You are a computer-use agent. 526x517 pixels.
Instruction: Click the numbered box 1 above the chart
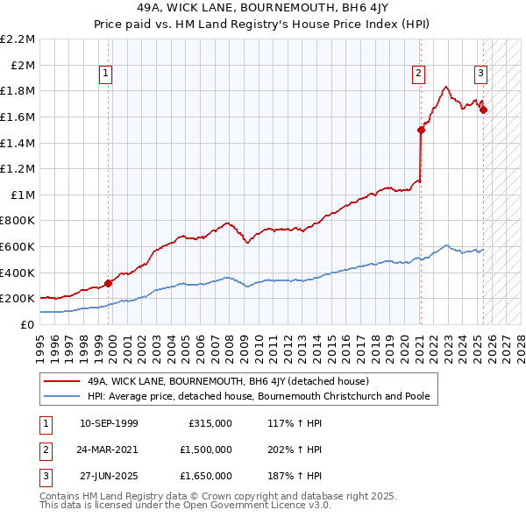[x=105, y=74]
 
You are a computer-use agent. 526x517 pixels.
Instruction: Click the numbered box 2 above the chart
[x=419, y=74]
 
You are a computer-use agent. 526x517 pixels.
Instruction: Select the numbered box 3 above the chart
[x=481, y=74]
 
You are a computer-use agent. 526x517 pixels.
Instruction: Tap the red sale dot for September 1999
[x=108, y=283]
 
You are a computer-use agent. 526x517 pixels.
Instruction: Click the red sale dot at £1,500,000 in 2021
[x=421, y=130]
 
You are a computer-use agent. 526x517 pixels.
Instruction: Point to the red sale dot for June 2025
[x=483, y=110]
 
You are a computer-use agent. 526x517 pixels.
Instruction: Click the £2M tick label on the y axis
[x=23, y=65]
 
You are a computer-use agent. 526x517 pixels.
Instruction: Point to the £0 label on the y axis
[x=27, y=324]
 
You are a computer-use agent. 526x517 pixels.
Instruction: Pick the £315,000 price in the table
[x=210, y=423]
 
